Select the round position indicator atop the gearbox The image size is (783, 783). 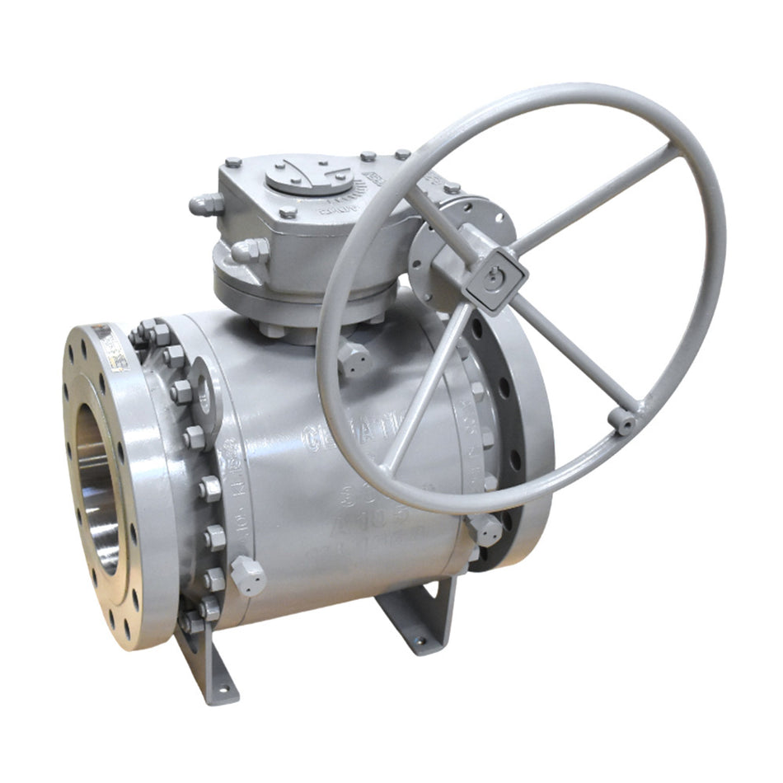(308, 176)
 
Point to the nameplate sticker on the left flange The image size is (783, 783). (110, 346)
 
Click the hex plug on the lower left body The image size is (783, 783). (247, 576)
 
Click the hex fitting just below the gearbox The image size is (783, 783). (354, 359)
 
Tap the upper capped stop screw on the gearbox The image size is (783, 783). (206, 204)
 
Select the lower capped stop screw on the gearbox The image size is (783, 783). (249, 251)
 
